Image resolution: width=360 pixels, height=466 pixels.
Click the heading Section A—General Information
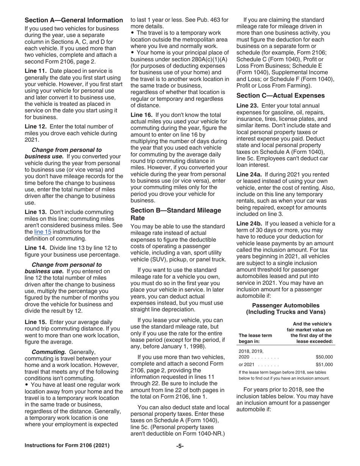(x=74, y=20)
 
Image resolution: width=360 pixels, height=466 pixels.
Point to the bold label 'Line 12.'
(x=36, y=127)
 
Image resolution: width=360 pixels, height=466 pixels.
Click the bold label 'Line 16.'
(x=142, y=114)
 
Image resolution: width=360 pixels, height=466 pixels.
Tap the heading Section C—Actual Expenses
(x=280, y=95)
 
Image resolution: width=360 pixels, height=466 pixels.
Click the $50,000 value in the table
(x=324, y=357)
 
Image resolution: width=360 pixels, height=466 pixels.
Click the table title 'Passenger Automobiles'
(x=285, y=305)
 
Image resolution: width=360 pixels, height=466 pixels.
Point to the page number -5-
(x=180, y=446)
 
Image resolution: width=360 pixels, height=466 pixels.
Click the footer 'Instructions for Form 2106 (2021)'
(x=67, y=446)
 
